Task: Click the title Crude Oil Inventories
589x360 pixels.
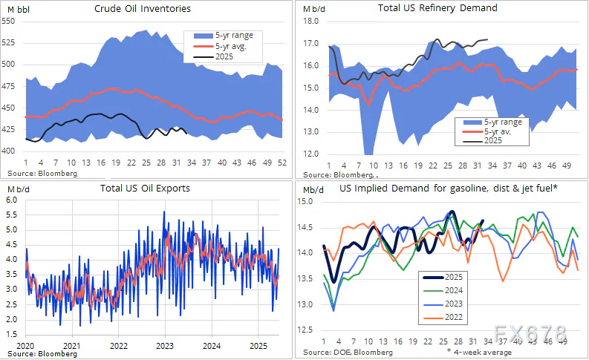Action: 143,9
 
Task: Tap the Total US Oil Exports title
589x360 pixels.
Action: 145,188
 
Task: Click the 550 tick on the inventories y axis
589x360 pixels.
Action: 10,22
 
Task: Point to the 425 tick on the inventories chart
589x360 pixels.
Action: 10,130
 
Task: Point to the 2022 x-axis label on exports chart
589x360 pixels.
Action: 119,346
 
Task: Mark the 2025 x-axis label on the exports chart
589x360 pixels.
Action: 258,346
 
